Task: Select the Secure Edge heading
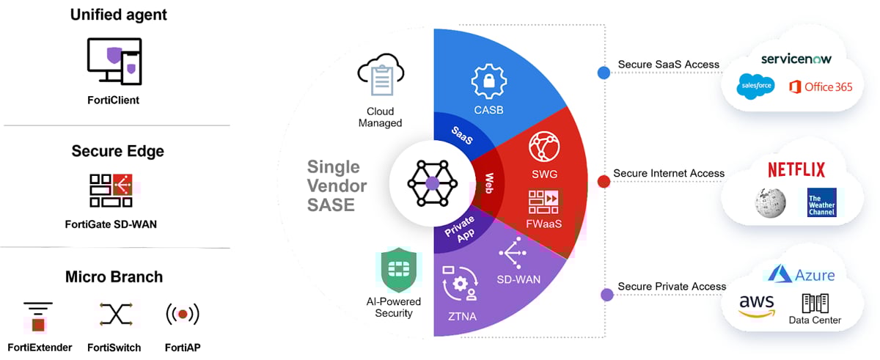(x=117, y=152)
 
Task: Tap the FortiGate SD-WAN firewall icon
(x=111, y=191)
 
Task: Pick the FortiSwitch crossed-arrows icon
(x=114, y=315)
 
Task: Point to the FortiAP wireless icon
(x=183, y=315)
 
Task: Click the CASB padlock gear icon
(x=488, y=81)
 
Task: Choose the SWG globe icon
(x=544, y=147)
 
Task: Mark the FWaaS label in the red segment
(x=543, y=223)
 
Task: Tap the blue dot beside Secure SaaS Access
(x=604, y=73)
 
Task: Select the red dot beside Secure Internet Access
(x=604, y=181)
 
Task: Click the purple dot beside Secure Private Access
(x=606, y=295)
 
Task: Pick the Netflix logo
(x=796, y=170)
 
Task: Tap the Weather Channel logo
(x=821, y=203)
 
